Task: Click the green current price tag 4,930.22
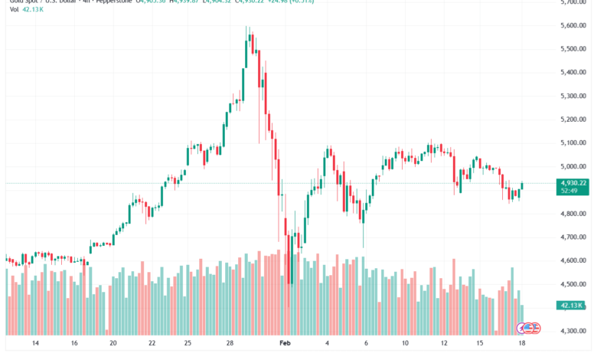tap(573, 183)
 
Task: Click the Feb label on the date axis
tap(285, 345)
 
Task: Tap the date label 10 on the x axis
tap(405, 345)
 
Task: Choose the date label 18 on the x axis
tap(521, 345)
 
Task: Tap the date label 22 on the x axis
tap(152, 345)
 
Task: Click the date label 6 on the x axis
tap(366, 345)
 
